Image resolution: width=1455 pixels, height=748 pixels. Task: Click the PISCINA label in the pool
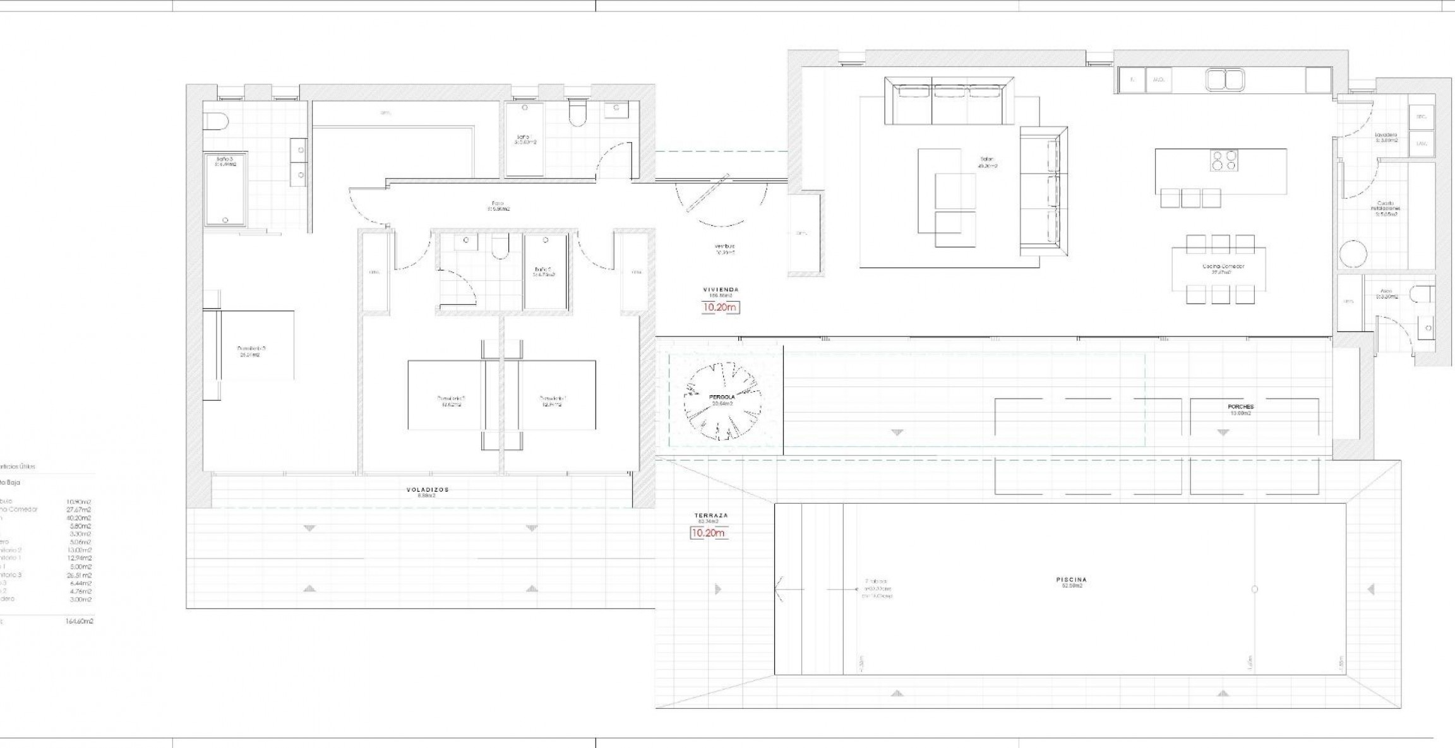pyautogui.click(x=1071, y=579)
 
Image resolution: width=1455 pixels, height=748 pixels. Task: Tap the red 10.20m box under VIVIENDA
pyautogui.click(x=720, y=307)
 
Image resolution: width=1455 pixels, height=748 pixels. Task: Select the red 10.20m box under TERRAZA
pyautogui.click(x=708, y=533)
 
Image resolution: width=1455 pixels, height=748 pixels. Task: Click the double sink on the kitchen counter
pyautogui.click(x=1224, y=80)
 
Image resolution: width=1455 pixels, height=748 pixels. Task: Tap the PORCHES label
pyautogui.click(x=1241, y=407)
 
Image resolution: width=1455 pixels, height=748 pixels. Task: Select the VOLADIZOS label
pyautogui.click(x=428, y=489)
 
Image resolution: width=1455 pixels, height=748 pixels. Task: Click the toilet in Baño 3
pyautogui.click(x=215, y=120)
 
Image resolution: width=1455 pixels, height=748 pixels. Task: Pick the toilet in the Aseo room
pyautogui.click(x=1423, y=295)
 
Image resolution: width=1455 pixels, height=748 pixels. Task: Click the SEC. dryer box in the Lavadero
pyautogui.click(x=1421, y=117)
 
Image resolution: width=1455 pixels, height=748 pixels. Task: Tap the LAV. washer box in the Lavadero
pyautogui.click(x=1421, y=143)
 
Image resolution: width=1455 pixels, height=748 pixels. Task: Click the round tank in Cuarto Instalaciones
pyautogui.click(x=1353, y=254)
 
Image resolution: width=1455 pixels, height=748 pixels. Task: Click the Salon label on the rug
pyautogui.click(x=988, y=160)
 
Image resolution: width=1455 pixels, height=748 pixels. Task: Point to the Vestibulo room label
pyautogui.click(x=725, y=246)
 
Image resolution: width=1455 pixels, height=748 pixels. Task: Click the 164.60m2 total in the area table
pyautogui.click(x=80, y=621)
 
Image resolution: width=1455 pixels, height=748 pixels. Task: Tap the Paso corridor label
pyautogui.click(x=490, y=204)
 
